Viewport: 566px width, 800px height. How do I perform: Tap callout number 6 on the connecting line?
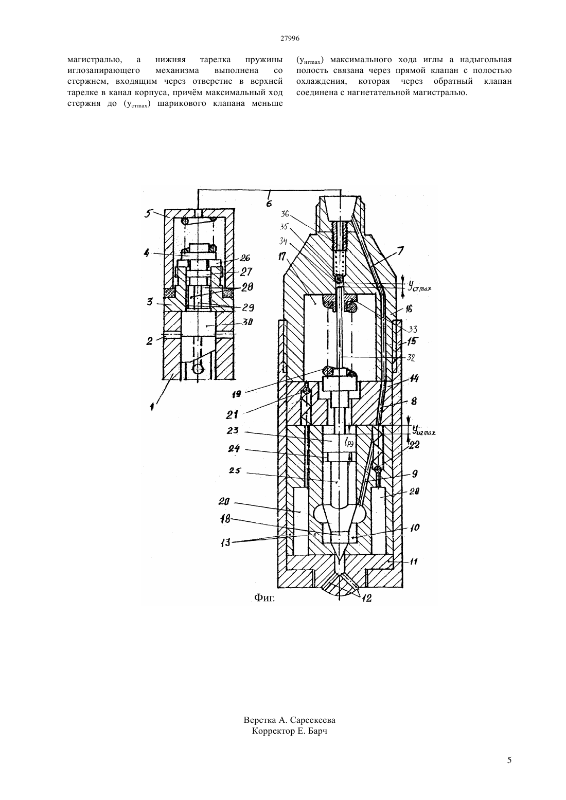(x=269, y=203)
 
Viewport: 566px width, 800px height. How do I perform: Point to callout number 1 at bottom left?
(x=152, y=407)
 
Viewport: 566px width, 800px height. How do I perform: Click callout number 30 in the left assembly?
(x=247, y=322)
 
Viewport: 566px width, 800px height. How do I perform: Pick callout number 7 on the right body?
(x=400, y=251)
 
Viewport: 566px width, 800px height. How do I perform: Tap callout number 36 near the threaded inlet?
(x=285, y=213)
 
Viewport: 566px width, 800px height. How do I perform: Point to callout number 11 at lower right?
(x=413, y=561)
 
